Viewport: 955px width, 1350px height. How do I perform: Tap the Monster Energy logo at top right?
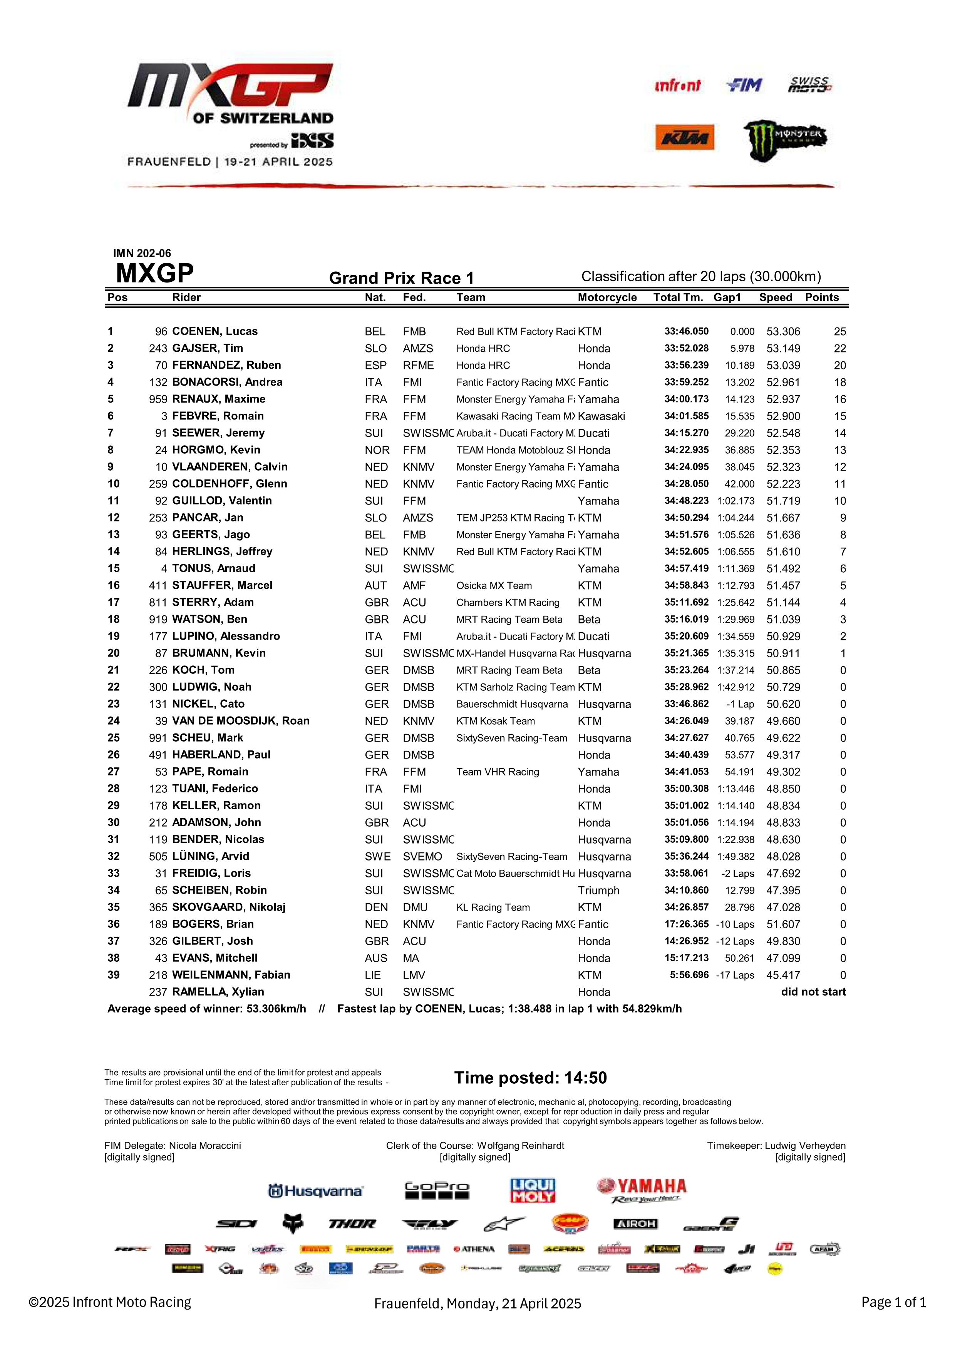point(784,139)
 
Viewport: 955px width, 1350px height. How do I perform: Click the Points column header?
point(821,297)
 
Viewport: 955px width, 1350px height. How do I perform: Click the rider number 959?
point(158,399)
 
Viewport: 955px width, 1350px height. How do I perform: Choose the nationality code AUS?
point(375,958)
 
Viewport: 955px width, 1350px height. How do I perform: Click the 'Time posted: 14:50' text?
point(530,1078)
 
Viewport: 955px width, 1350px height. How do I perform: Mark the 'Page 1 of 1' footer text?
point(893,1302)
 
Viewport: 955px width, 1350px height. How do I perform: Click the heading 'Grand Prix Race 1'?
point(401,278)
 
